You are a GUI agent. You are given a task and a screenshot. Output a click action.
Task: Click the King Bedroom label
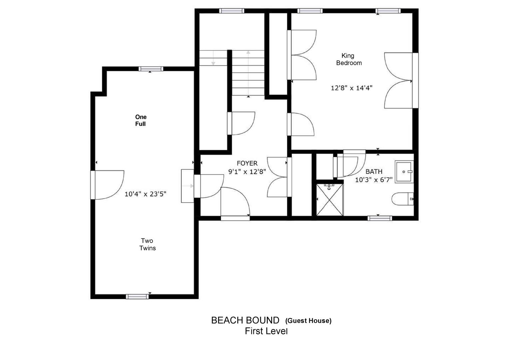pos(349,59)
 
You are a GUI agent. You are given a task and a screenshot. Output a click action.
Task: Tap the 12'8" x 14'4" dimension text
pos(351,88)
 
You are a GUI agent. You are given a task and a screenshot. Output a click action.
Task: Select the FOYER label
pos(247,163)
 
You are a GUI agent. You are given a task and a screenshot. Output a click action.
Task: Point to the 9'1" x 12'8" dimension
pos(247,171)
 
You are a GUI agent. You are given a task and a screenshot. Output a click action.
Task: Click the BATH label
pos(374,171)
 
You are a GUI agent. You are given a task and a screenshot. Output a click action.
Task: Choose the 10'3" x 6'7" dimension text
pos(374,180)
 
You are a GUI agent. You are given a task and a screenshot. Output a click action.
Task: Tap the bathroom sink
pos(404,172)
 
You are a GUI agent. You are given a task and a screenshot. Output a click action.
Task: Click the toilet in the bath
pos(403,199)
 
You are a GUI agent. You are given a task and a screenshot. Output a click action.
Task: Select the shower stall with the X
pos(330,199)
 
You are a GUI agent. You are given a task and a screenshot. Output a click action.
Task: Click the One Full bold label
pos(141,120)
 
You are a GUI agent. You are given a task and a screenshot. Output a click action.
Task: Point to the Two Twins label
pos(148,244)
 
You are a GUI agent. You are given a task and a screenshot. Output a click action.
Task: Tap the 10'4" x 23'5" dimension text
pos(146,194)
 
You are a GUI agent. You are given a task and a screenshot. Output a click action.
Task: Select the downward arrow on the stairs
pos(213,58)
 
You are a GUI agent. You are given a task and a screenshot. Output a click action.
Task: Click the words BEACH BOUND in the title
pos(245,320)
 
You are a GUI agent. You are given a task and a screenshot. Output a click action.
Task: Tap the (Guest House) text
pos(308,321)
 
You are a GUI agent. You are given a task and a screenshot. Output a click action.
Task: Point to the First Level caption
pos(266,331)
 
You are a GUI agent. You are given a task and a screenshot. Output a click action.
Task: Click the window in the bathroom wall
pos(380,218)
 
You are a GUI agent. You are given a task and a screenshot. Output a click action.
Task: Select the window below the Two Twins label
pos(137,297)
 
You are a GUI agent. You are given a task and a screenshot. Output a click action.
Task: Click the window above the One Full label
pos(151,69)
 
